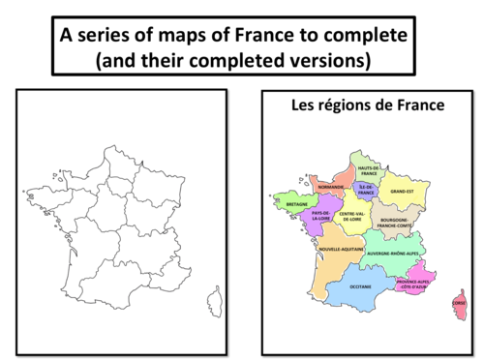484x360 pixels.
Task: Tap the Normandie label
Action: [x=329, y=187]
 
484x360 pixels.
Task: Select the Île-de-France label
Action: [x=367, y=190]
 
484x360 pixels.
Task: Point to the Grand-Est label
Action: [x=403, y=192]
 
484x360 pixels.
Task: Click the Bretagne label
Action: [x=297, y=205]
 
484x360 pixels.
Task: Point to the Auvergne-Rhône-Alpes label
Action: [x=392, y=253]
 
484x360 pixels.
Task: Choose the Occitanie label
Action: [x=360, y=287]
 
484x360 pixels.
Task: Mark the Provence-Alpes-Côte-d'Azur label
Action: [x=413, y=285]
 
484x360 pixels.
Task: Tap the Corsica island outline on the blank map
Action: [x=214, y=301]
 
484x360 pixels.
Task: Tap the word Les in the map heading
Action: [x=304, y=105]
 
